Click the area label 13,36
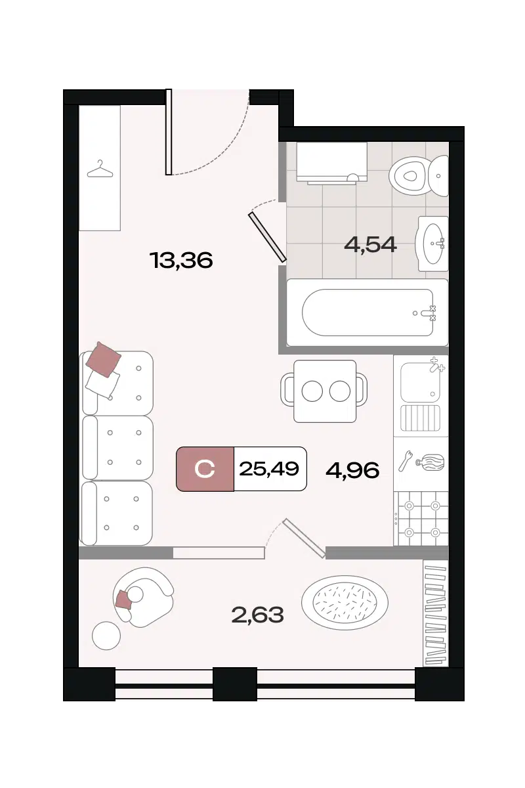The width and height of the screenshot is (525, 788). pos(181,261)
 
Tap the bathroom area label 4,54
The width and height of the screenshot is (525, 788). pos(371,244)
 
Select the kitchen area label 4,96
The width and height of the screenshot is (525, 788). pos(352,470)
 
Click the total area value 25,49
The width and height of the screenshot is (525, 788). pos(269,469)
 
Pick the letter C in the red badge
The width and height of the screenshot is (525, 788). pos(205,469)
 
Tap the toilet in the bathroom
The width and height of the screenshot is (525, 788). pos(419,176)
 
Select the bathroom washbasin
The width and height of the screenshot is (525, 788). pos(432,244)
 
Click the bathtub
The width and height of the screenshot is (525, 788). pos(367,313)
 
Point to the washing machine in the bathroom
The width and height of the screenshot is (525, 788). pos(331,164)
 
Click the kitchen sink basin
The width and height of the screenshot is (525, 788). pos(420,382)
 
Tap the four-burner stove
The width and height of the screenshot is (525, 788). pos(421,519)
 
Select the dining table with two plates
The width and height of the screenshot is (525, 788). pos(325,391)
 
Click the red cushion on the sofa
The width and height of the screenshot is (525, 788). pos(104,360)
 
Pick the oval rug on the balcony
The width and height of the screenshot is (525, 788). pos(345,603)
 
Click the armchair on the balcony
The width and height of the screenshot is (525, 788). pos(143,598)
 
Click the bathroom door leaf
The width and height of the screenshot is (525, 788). pos(267,237)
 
